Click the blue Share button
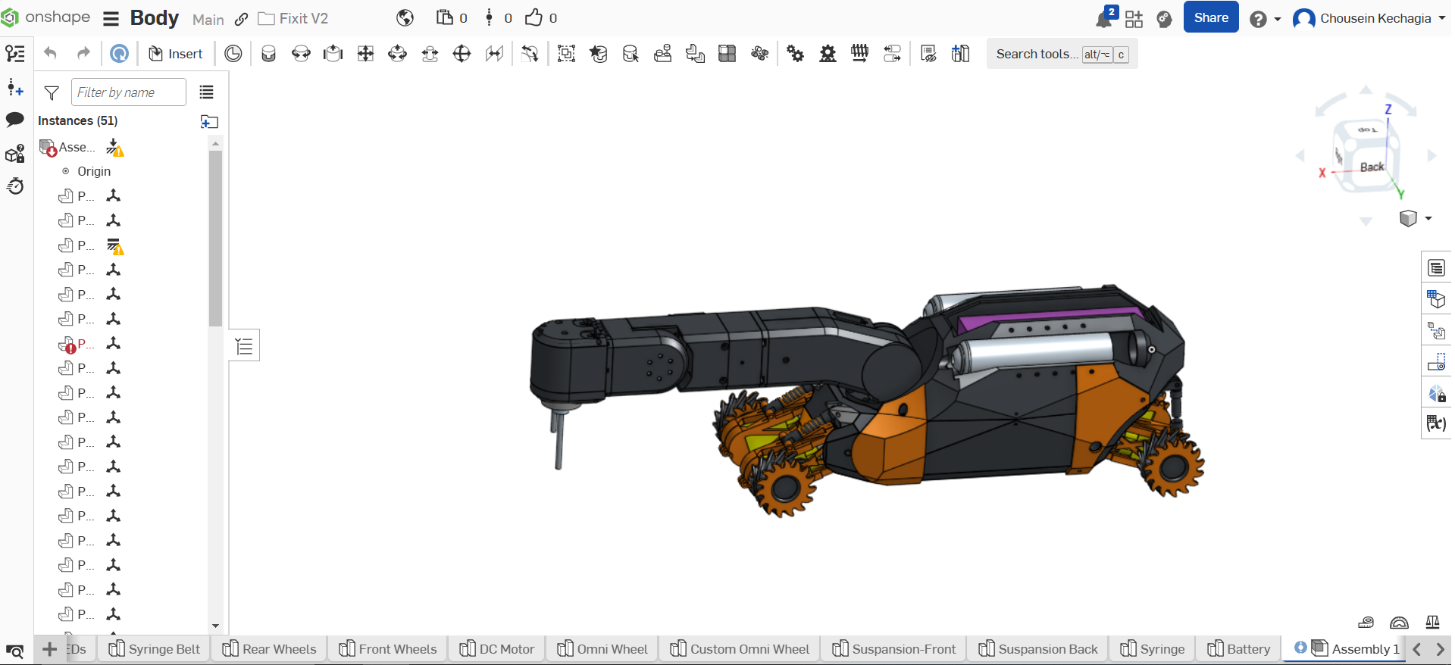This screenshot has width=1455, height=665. [1210, 17]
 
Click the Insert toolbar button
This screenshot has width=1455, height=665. [176, 54]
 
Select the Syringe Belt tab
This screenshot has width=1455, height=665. [155, 649]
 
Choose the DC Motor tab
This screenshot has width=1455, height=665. [498, 649]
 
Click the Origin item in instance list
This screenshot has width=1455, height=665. [93, 171]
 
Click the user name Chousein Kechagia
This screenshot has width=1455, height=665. [1375, 18]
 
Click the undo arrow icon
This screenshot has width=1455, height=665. [50, 53]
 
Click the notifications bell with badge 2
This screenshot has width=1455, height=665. [1104, 19]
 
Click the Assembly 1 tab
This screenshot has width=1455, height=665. [1356, 649]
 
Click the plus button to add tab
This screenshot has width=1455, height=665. [49, 649]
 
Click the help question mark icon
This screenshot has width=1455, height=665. [1257, 19]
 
